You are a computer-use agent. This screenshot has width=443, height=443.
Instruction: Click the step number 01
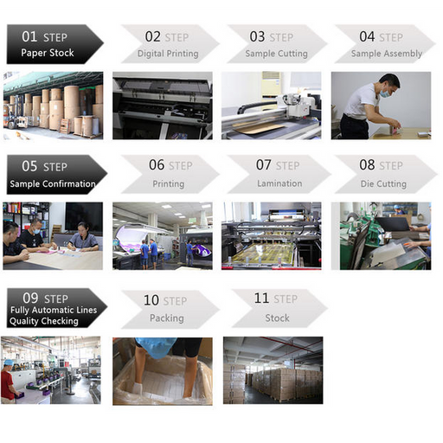[x=29, y=36]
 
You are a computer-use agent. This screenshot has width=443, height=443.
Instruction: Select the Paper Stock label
[x=48, y=53]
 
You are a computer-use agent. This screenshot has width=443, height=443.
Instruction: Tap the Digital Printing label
[x=168, y=54]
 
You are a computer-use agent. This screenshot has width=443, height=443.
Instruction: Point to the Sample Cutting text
[x=276, y=54]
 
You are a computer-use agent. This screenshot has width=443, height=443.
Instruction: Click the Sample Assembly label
[x=387, y=54]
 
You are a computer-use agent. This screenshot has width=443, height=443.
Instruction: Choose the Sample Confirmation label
[x=53, y=183]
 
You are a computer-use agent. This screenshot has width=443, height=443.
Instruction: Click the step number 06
[x=157, y=165]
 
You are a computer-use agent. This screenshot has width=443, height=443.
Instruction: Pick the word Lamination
[x=279, y=183]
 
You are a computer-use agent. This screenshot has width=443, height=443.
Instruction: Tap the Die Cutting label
[x=383, y=184]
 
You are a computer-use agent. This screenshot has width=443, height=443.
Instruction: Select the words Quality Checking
[x=44, y=321]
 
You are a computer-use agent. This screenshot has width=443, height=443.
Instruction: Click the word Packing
[x=167, y=318]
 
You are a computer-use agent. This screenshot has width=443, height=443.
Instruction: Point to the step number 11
[x=261, y=298]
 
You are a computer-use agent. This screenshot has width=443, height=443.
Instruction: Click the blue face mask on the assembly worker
[x=385, y=93]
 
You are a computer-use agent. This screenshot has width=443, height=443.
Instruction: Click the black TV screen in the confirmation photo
[x=84, y=216]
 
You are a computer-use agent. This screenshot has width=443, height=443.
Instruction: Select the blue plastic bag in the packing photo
[x=155, y=347]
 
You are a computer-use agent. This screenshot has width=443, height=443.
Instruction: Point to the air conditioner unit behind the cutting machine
[x=270, y=85]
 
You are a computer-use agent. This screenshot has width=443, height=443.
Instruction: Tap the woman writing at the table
[x=84, y=237]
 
